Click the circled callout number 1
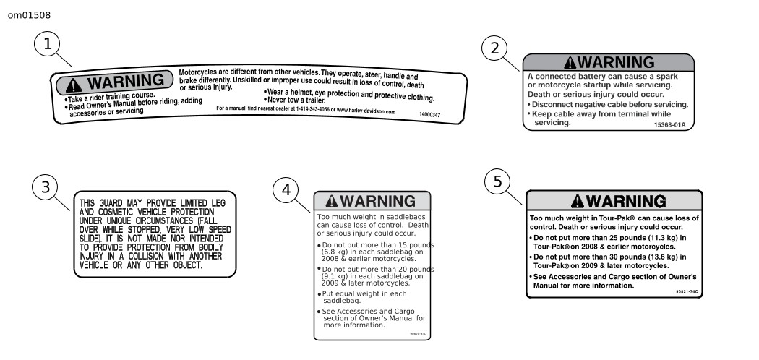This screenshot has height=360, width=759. click(x=48, y=45)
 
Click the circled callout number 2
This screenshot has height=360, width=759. click(x=495, y=49)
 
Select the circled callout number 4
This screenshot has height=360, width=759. click(x=286, y=191)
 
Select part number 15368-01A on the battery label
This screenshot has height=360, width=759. click(x=669, y=124)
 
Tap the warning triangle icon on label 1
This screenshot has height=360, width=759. click(x=74, y=82)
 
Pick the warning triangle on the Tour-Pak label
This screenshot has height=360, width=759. click(x=578, y=200)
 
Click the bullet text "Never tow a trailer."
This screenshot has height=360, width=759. click(x=296, y=100)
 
